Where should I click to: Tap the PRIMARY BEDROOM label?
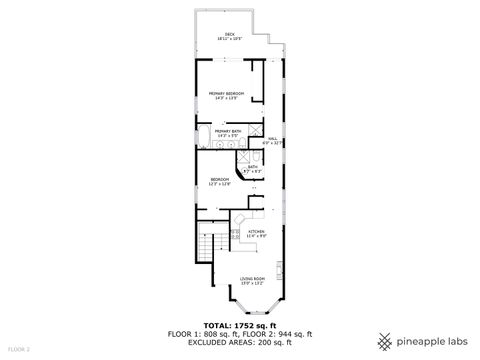coord(227,95)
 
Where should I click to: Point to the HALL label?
coord(272,141)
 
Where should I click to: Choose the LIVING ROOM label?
coord(252,280)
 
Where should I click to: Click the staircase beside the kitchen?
coord(206,246)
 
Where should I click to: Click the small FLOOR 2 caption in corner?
coord(19,349)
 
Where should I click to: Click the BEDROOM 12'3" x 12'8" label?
coord(220,182)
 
